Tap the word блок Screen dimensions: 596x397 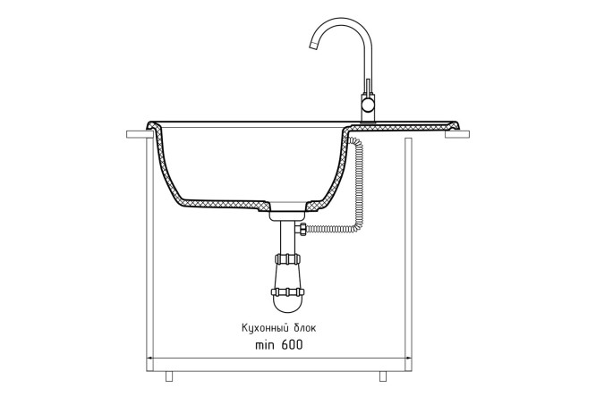point(305,328)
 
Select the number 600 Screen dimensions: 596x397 point(293,345)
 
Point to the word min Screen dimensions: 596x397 point(265,345)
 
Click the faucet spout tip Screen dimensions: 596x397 point(314,46)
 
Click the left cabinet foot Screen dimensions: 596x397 point(169,376)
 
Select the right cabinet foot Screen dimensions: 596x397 point(383,376)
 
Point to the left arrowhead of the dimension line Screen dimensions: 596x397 point(149,358)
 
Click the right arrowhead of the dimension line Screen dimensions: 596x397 point(408,358)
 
